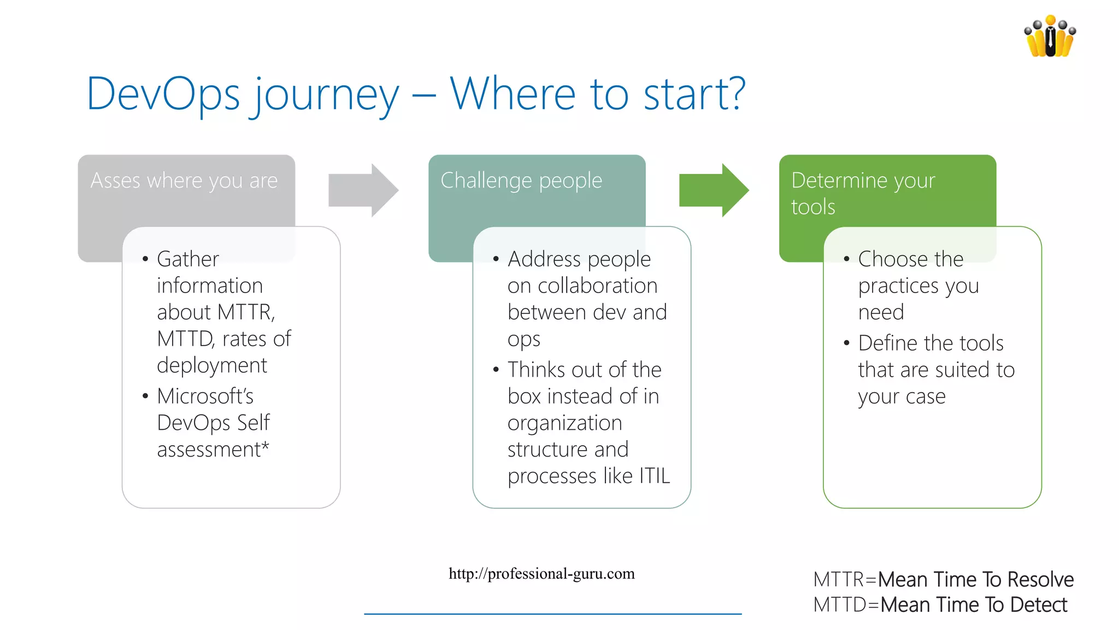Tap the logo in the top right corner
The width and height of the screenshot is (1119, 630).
(1050, 37)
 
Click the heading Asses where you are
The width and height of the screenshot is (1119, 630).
(184, 180)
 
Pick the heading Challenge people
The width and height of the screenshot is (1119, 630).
(521, 180)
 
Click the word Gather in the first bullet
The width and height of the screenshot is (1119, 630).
(187, 259)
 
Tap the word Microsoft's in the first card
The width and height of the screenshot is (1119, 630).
(205, 396)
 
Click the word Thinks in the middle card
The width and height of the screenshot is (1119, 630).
(536, 370)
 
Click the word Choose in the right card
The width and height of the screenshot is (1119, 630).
(887, 259)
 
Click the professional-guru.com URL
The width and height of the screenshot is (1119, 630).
(541, 574)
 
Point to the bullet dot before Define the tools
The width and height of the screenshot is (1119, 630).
(846, 343)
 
